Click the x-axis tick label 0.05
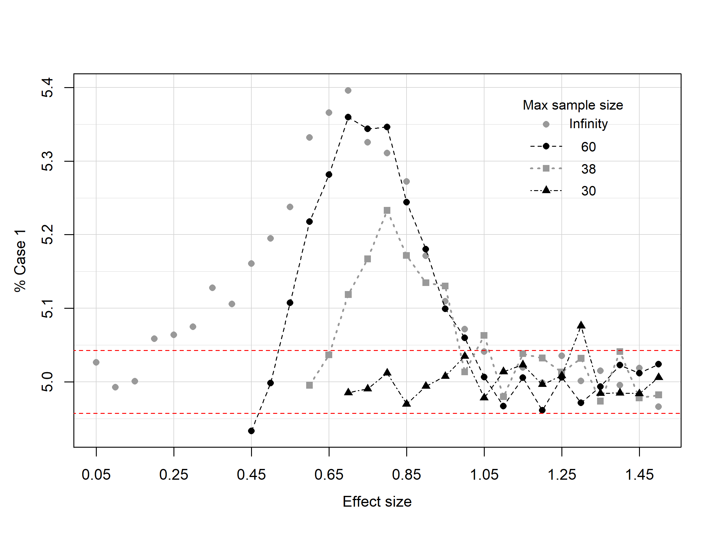point(96,475)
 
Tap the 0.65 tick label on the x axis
point(329,475)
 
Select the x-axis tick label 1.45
point(639,475)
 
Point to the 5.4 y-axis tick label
point(47,88)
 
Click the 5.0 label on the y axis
point(47,382)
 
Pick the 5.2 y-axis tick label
point(47,234)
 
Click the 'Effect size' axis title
point(377,502)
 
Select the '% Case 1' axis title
point(20,261)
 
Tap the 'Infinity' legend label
point(588,124)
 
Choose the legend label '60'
point(588,147)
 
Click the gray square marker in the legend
point(546,168)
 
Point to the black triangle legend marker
point(546,190)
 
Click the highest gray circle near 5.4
point(348,90)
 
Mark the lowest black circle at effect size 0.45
point(251,431)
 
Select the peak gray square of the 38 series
point(387,211)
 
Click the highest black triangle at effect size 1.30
point(581,325)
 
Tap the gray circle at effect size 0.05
point(96,362)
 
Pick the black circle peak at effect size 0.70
point(348,117)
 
